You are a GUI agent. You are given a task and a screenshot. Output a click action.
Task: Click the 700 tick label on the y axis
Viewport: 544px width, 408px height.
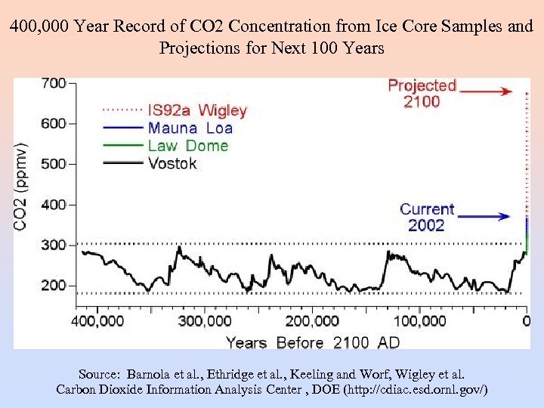point(53,83)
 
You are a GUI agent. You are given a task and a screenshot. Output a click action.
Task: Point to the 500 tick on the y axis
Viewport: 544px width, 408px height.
point(53,164)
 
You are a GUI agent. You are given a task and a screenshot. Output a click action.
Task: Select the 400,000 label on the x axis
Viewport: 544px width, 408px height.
point(98,320)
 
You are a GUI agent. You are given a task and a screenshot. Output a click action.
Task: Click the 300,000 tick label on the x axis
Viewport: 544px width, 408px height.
point(205,320)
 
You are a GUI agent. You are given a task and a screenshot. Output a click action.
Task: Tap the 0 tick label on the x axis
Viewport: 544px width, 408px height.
point(526,320)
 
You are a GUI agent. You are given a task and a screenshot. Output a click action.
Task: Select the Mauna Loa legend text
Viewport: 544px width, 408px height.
point(190,128)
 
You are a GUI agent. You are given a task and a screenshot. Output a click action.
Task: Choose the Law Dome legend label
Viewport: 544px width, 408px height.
point(188,145)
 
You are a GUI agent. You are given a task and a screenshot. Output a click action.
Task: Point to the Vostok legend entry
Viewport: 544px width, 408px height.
point(172,162)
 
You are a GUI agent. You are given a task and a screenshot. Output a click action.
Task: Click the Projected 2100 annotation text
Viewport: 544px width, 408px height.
point(422,93)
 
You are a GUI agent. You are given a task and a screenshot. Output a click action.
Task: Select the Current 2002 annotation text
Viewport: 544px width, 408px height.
point(427,217)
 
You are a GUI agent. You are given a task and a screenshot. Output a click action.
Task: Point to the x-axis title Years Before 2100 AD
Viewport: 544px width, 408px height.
point(312,342)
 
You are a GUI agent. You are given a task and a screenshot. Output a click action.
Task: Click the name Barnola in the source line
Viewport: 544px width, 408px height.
point(149,374)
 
